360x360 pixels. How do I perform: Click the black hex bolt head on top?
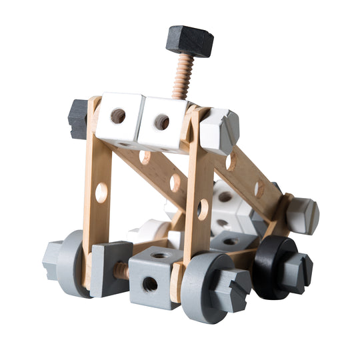189,41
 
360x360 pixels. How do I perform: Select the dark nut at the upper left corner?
78,119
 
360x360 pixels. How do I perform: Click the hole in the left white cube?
118,116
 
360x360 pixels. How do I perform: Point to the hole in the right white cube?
161,122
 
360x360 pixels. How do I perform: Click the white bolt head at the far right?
303,215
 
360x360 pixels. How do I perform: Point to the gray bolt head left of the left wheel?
53,259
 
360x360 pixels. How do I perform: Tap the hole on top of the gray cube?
160,254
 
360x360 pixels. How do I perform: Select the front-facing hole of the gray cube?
150,283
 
